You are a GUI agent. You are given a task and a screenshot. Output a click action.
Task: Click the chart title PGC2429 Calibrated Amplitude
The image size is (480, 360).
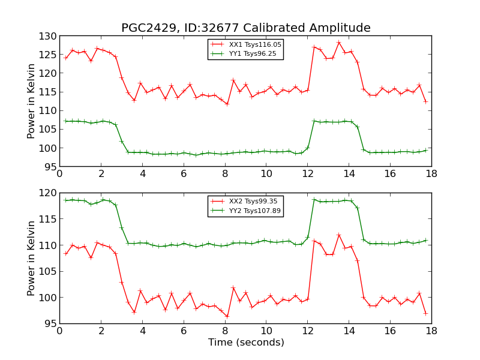(x=245, y=28)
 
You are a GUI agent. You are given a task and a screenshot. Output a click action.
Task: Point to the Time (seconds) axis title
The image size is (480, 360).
(x=245, y=343)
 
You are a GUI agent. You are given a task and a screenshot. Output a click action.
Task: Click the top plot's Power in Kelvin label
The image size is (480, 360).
(x=32, y=101)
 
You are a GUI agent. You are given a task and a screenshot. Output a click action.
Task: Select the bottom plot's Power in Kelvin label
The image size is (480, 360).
(x=32, y=258)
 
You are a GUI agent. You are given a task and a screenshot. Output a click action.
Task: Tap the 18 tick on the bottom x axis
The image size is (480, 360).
(x=431, y=331)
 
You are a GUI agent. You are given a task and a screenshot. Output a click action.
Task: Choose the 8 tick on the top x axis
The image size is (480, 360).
(x=224, y=173)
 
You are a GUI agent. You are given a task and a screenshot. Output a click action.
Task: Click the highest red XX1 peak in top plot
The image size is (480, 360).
(x=338, y=42)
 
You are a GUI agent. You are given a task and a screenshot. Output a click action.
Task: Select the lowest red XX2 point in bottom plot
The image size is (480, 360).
(x=227, y=316)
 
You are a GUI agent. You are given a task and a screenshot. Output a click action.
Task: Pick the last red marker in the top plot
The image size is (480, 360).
(x=425, y=101)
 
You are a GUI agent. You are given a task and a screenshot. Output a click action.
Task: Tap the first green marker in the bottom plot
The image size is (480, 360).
(x=65, y=200)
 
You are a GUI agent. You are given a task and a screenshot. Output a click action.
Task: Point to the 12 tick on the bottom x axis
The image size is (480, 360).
(x=307, y=331)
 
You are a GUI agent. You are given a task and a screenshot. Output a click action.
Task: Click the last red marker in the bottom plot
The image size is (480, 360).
(x=425, y=313)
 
